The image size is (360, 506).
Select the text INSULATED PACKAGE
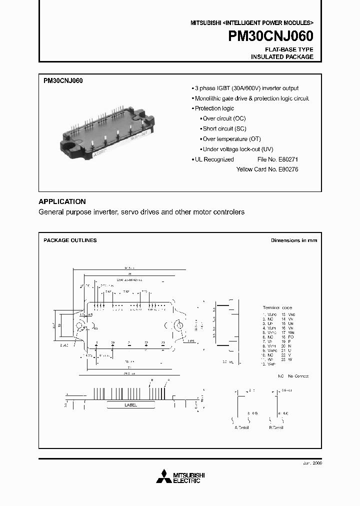pos(282,57)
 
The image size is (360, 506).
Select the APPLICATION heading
pos(62,201)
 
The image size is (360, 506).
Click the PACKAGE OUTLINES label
pos(70,240)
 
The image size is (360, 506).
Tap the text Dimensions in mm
pos(294,240)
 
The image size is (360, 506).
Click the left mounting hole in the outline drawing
pos(79,325)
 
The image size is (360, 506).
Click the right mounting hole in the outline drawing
pos(177,325)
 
